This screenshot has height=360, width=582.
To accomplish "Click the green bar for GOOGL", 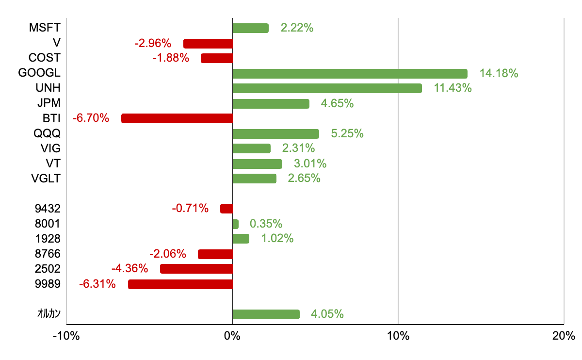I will (350, 74).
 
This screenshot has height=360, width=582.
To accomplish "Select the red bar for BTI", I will (177, 118).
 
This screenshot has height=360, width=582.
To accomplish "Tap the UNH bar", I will (327, 88).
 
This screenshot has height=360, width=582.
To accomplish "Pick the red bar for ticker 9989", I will (180, 284).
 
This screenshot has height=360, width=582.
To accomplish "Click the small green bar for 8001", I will (235, 224).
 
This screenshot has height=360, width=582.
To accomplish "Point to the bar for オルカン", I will (266, 314).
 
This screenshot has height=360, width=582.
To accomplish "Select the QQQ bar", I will (275, 134).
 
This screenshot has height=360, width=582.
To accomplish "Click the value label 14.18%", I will (499, 74).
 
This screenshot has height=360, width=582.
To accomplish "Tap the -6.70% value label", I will (91, 118).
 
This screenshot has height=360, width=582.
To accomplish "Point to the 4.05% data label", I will (327, 314).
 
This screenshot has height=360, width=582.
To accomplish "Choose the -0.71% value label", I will (190, 209).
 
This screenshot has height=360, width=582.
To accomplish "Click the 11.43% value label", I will (453, 88).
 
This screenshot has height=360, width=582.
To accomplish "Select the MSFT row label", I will (44, 28).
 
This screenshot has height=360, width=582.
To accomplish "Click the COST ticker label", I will (44, 58).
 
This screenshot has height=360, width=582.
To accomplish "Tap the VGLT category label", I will (45, 179).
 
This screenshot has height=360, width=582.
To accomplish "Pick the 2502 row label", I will (48, 269).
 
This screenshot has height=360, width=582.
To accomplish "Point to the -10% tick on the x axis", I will (66, 336).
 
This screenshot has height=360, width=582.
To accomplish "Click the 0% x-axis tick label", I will (232, 336).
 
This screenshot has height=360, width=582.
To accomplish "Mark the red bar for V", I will (208, 44).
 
